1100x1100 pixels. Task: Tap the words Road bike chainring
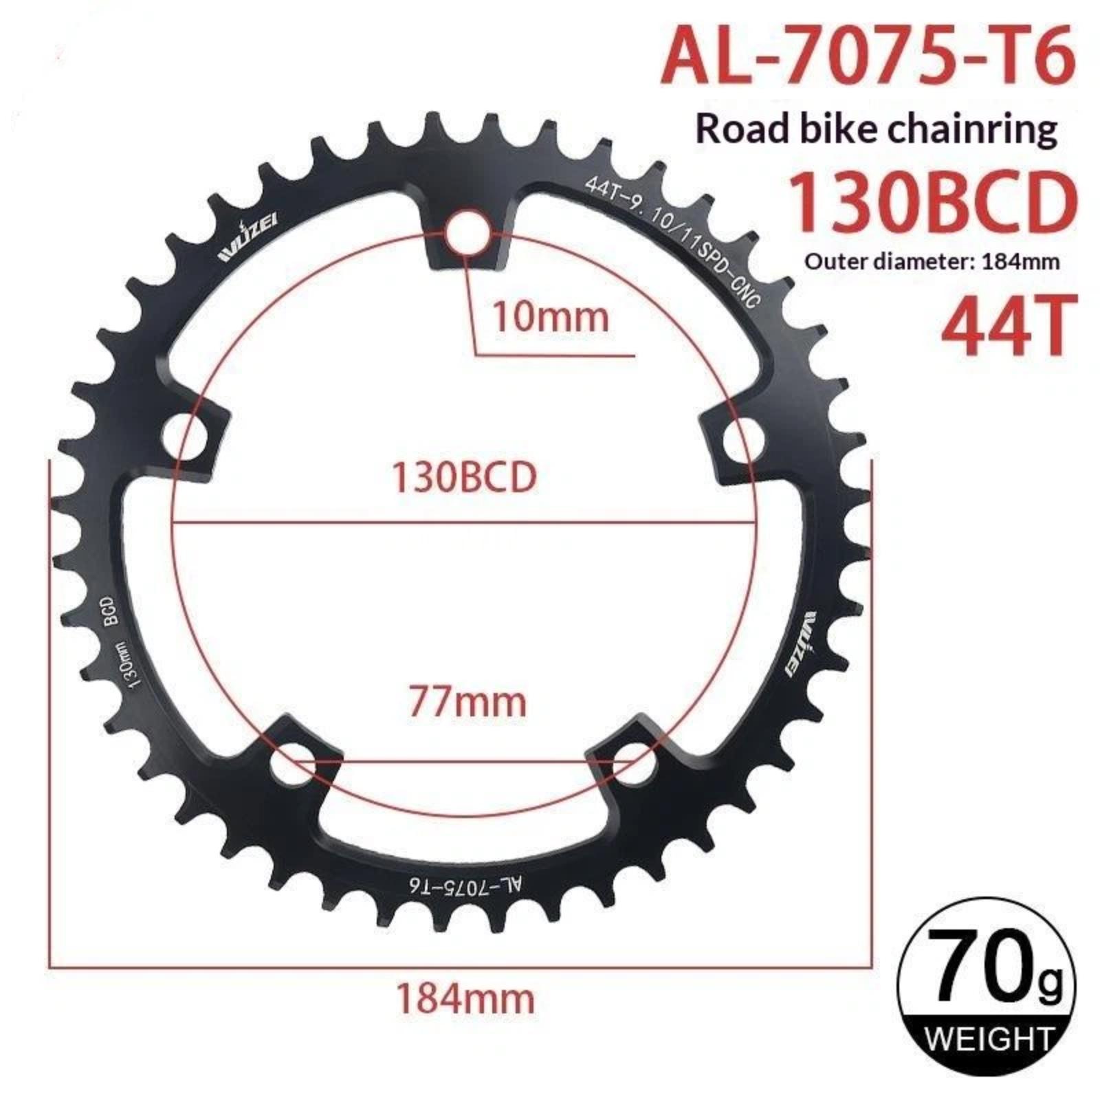click(877, 129)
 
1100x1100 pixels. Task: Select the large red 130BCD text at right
click(931, 203)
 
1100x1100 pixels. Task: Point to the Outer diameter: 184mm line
click(932, 262)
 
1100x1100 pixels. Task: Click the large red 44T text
click(1006, 324)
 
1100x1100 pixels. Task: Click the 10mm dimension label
click(551, 318)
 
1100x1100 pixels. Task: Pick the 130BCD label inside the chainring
click(464, 477)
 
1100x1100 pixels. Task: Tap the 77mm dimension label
click(467, 702)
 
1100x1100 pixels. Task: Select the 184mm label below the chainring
click(465, 999)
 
